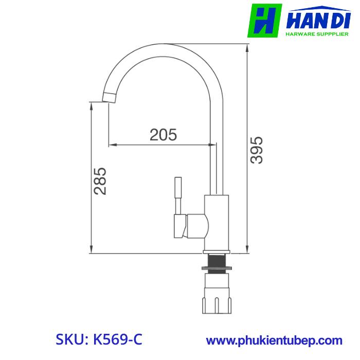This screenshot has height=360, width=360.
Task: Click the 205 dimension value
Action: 163,135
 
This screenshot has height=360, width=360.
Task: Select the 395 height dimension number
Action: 257,150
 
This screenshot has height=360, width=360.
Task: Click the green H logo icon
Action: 264,21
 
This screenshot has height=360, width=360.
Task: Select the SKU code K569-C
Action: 99,339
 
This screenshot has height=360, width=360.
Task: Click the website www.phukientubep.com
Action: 274,340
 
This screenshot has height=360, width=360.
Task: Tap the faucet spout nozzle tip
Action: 110,97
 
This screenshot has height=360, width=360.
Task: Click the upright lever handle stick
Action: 178,195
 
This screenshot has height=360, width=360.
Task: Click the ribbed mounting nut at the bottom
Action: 216,296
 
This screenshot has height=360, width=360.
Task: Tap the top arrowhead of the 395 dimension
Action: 247,48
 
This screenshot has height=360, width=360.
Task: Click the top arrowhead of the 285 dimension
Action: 92,105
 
